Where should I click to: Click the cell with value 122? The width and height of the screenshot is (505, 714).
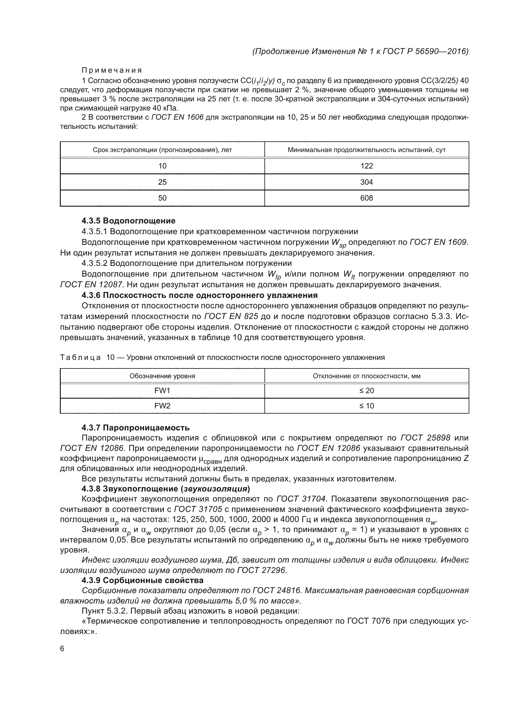(x=366, y=166)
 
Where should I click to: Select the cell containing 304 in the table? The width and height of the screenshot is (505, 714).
(x=366, y=182)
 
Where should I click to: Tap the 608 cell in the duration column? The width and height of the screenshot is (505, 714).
(x=366, y=198)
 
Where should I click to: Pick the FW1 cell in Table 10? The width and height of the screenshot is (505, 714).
(x=162, y=391)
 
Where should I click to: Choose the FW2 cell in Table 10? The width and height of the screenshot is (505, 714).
(x=162, y=406)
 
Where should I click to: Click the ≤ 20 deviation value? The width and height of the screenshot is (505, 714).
(x=366, y=391)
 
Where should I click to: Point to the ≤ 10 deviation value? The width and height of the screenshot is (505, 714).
(x=366, y=406)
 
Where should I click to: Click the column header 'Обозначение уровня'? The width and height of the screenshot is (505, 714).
(x=162, y=376)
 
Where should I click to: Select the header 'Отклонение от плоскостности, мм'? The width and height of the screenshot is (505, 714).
(x=366, y=376)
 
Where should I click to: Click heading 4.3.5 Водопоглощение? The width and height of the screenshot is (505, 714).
(x=129, y=221)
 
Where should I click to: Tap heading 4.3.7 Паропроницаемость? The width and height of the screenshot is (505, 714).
(x=135, y=428)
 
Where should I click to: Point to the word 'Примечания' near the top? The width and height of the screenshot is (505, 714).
(x=112, y=70)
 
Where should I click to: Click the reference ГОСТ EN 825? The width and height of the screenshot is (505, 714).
(x=231, y=316)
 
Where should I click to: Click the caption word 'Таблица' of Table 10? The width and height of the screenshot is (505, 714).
(x=80, y=358)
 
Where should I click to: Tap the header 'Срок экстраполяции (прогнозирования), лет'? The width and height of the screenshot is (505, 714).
(x=162, y=150)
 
